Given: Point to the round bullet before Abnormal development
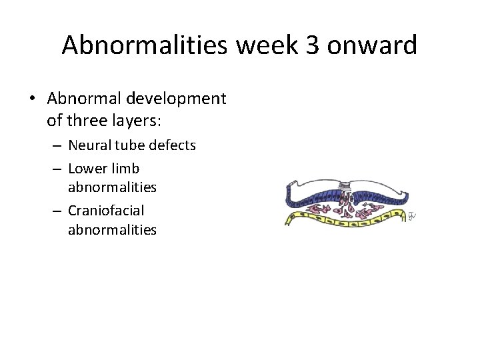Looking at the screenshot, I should [33, 99].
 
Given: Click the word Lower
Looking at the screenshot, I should [86, 168].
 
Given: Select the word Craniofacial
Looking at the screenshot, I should [106, 210].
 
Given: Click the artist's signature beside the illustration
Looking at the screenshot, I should [412, 217].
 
